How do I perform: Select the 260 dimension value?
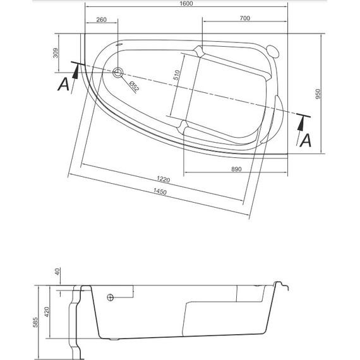tap(101, 20)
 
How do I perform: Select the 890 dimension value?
tap(237, 169)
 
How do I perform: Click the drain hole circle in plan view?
tap(117, 71)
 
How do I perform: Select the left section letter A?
tap(63, 84)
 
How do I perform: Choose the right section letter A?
tap(306, 140)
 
